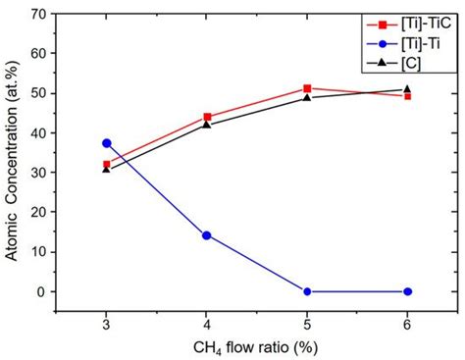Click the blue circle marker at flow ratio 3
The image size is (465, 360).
107,143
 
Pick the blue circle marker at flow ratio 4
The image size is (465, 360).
207,235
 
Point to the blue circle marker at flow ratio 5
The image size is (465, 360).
308,291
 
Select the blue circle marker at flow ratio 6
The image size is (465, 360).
408,291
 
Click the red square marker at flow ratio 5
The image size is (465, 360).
308,88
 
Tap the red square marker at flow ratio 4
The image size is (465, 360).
207,116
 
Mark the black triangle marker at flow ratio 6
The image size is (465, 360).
408,89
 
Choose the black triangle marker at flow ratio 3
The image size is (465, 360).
107,169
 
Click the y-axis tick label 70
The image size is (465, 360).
42,14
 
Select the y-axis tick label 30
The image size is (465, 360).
42,173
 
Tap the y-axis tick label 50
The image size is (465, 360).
42,93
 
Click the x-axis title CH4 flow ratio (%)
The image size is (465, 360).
257,348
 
